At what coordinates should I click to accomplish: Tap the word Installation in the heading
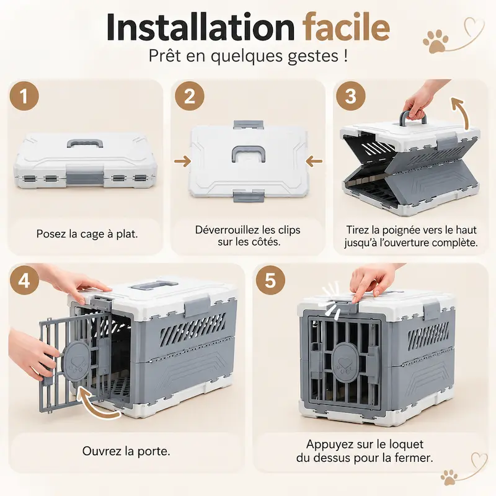click(x=200, y=27)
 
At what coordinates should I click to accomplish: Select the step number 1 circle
click(x=24, y=96)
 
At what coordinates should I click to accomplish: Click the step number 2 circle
click(x=190, y=96)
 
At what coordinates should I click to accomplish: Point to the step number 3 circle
click(x=350, y=96)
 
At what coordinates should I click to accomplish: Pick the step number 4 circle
click(x=24, y=280)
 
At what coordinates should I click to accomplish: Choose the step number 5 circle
click(x=270, y=280)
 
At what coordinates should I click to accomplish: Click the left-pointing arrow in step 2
click(x=314, y=161)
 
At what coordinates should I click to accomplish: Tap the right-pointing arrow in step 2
click(x=182, y=161)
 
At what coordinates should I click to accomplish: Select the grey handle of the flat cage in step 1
click(x=85, y=144)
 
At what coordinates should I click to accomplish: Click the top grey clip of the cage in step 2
click(x=249, y=125)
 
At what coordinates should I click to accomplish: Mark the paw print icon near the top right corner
click(x=436, y=41)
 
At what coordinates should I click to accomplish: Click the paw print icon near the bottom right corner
click(x=449, y=477)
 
